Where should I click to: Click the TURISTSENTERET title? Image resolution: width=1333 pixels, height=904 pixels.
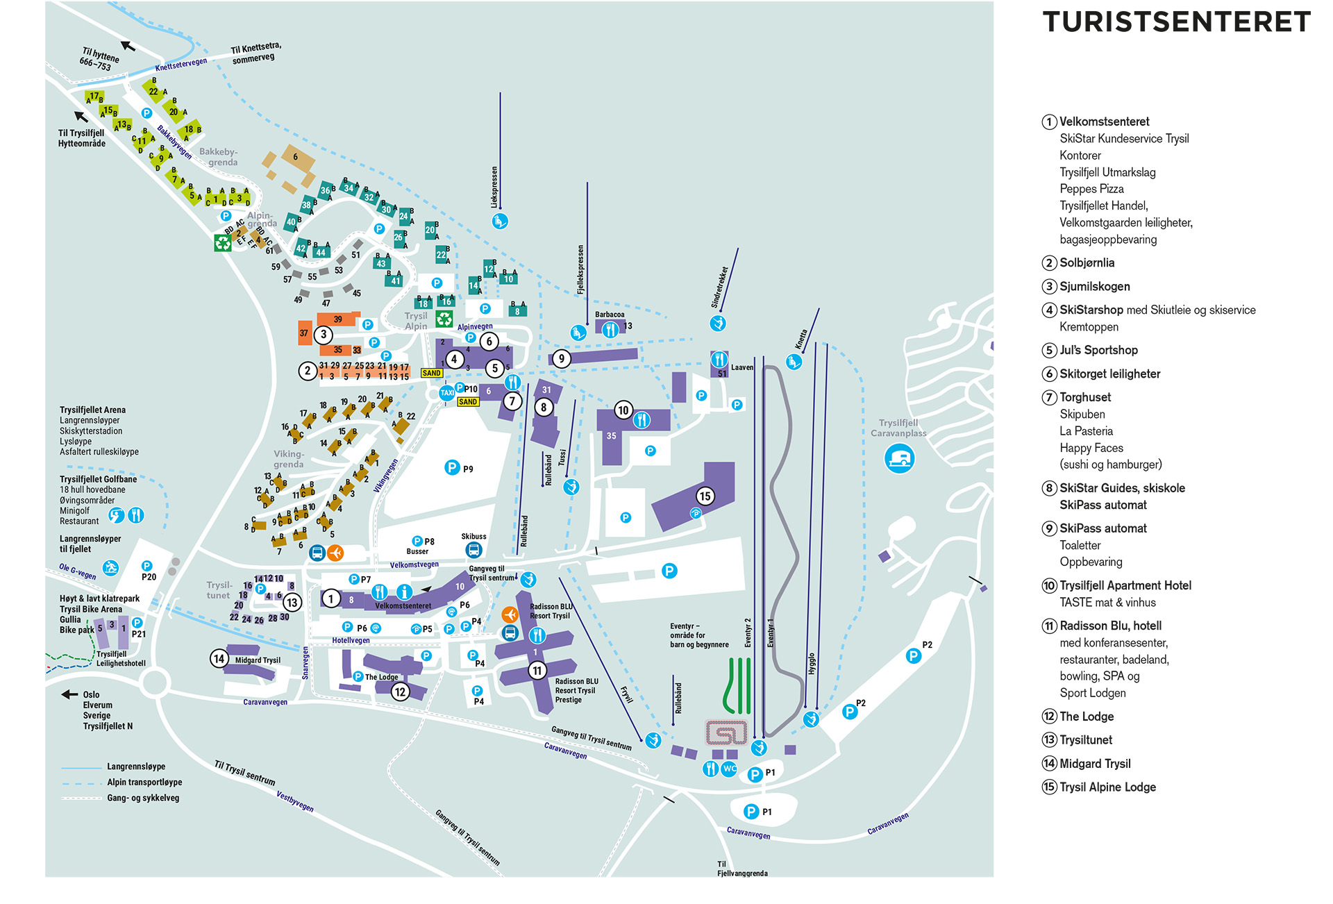(1176, 22)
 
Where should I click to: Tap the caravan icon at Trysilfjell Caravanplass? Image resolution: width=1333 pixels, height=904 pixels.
(899, 459)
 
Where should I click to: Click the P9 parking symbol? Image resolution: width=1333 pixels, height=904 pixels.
(452, 467)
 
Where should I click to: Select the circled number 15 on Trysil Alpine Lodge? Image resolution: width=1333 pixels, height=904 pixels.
(705, 496)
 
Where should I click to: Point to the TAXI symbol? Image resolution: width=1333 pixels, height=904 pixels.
(447, 393)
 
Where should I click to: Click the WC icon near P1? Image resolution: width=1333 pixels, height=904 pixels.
(729, 769)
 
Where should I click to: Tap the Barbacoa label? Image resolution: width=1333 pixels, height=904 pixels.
(610, 315)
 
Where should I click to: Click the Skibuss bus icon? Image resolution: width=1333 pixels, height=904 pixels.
(473, 550)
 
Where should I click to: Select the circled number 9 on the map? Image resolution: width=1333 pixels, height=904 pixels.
(561, 359)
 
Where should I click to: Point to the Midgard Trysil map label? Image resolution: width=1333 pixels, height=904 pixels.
(258, 660)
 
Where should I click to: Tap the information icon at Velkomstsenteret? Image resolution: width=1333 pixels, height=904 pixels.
(404, 592)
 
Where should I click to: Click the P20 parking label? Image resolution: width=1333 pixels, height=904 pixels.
(149, 577)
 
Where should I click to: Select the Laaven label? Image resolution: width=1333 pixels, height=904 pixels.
(741, 367)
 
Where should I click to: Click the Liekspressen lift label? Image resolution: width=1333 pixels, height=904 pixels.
(494, 186)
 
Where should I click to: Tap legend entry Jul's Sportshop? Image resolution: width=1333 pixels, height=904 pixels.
(1098, 350)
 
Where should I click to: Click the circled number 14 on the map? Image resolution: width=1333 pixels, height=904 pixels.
(219, 658)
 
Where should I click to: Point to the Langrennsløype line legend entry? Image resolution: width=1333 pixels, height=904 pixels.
(136, 767)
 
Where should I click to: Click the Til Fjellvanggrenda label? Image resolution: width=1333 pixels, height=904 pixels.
(741, 869)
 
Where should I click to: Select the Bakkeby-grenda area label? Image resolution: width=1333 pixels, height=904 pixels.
(219, 157)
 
